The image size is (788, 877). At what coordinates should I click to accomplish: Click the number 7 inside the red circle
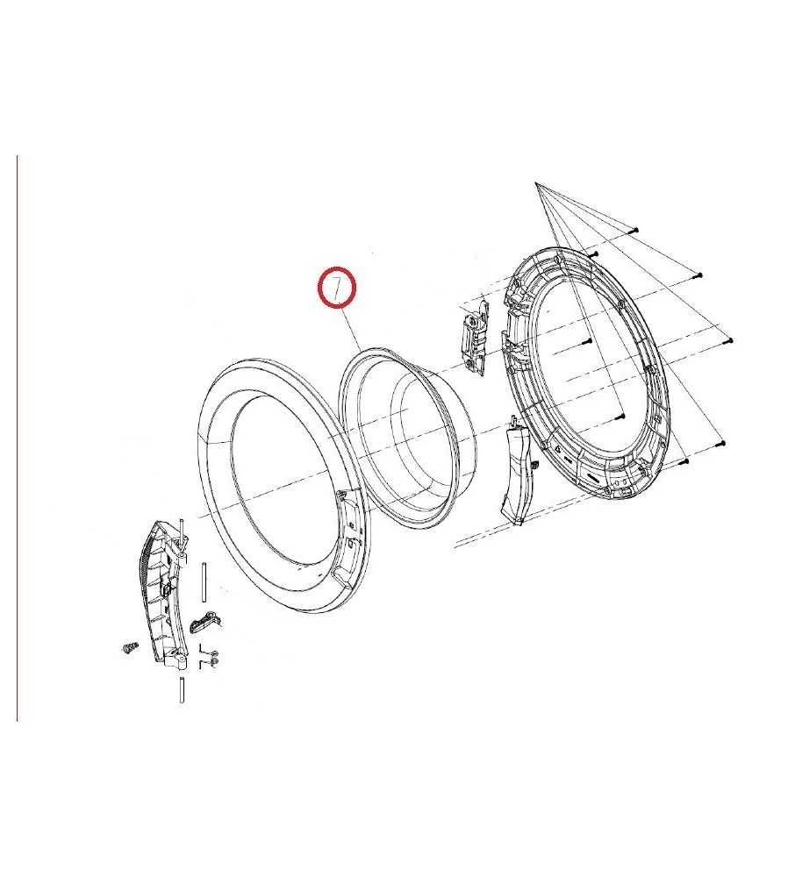click(336, 288)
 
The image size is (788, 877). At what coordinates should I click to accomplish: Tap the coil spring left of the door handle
click(129, 648)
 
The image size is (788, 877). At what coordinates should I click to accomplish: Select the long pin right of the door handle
click(204, 581)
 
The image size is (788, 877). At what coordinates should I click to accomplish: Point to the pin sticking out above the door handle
click(182, 529)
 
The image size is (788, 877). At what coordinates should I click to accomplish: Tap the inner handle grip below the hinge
click(518, 470)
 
